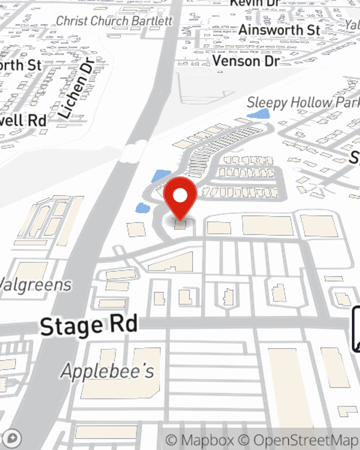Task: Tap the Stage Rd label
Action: point(89,325)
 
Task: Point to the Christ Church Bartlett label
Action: point(114,21)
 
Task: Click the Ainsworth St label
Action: point(279,30)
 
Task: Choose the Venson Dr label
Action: point(246,60)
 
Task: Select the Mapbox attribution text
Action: point(200,440)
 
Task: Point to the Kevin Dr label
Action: point(255,3)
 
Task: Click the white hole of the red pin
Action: point(180,195)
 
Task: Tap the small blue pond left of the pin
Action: point(143,208)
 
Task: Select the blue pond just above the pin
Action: point(161,176)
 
